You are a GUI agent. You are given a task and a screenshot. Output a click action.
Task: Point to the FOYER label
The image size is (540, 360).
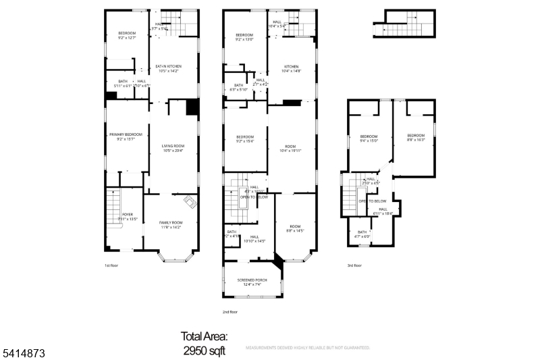(127, 216)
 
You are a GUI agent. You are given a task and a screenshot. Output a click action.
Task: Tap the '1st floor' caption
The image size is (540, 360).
(113, 265)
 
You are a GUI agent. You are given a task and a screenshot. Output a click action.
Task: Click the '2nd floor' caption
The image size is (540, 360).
(230, 312)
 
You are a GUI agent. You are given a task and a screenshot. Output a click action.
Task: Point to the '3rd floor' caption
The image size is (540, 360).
(355, 265)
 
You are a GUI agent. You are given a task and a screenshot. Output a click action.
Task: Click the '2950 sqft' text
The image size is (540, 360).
(204, 351)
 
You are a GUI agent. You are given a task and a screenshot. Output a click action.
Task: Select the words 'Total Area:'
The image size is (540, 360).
(204, 336)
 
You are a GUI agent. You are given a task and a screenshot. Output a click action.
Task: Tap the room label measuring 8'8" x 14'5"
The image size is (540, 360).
(295, 228)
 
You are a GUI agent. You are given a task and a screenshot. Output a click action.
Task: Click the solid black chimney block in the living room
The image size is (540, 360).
(193, 107)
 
